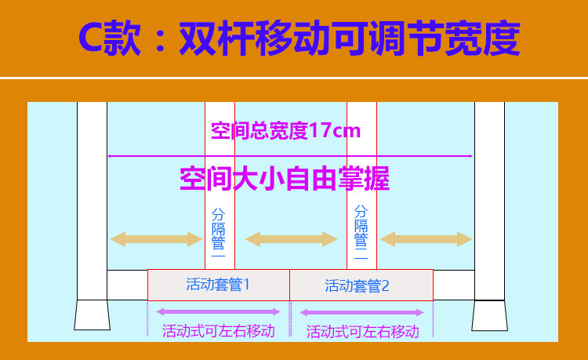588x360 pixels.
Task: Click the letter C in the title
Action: point(96,38)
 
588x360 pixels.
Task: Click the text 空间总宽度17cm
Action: point(285,130)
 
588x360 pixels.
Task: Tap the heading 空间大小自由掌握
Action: point(285,179)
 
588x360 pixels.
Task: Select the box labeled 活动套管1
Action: point(218,285)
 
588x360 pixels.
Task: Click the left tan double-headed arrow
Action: point(157,238)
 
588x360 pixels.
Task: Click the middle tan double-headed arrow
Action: point(291,238)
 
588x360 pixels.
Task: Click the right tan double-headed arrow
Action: point(426,238)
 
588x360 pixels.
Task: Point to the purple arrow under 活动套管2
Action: point(362,312)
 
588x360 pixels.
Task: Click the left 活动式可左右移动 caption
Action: point(218,331)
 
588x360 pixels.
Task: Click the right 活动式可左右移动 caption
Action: point(362,332)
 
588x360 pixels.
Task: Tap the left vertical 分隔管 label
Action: point(219,233)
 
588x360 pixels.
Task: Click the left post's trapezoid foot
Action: point(92,315)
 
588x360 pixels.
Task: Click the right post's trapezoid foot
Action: point(489,315)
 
